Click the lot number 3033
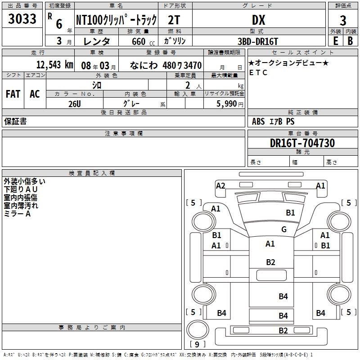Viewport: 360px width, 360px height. [22, 19]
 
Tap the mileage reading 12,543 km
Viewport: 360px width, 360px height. [55, 65]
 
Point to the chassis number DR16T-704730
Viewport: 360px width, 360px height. [302, 143]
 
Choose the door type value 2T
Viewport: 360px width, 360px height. [175, 20]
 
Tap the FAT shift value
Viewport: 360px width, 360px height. [13, 94]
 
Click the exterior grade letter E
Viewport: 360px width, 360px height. [335, 41]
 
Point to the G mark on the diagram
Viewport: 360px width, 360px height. [284, 229]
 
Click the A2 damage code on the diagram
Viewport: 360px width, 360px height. [220, 185]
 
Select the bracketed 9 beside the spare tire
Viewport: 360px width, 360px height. [197, 345]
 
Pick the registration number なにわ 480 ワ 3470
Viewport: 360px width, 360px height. [165, 65]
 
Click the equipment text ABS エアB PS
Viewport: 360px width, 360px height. [273, 121]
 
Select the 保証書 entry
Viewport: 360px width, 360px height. [15, 121]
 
